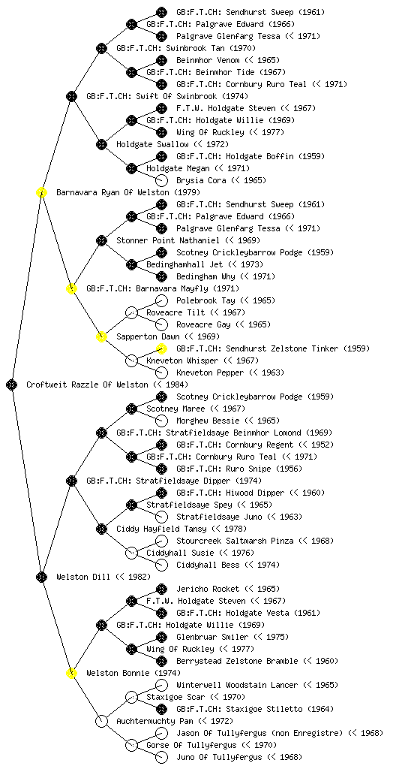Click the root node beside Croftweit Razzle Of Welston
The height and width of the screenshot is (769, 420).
12,384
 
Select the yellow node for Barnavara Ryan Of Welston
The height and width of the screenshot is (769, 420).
41,192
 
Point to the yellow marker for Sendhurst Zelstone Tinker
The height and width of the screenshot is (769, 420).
161,348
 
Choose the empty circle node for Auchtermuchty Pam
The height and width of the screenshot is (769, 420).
101,721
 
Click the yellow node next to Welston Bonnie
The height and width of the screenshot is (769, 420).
71,673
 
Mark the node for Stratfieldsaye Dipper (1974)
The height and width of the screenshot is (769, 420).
71,481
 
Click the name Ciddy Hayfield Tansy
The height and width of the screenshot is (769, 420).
161,529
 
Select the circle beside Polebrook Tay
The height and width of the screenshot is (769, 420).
161,300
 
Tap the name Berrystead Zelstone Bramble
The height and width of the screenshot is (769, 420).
237,661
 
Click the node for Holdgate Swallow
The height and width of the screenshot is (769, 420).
101,144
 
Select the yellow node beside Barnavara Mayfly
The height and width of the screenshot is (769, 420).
71,288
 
